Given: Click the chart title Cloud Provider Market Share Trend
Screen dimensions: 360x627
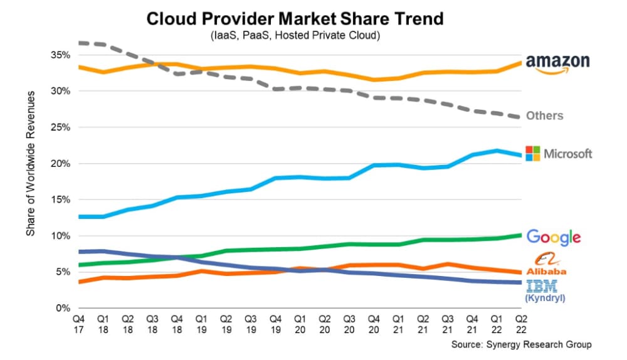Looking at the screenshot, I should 295,18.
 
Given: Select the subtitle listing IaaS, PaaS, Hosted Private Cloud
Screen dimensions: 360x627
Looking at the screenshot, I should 295,36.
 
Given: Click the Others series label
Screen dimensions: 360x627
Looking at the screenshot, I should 544,115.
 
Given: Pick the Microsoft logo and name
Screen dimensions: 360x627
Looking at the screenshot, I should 558,154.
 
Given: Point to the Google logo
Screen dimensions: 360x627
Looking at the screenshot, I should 553,237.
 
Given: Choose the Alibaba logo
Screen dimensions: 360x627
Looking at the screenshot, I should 545,264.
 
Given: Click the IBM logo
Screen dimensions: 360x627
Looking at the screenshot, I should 544,287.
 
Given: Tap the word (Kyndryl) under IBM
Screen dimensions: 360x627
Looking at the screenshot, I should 544,299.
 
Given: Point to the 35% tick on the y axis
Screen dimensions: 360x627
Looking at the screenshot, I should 61,55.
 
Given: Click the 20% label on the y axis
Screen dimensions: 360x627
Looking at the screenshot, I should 61,164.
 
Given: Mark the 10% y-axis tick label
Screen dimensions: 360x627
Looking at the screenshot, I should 61,236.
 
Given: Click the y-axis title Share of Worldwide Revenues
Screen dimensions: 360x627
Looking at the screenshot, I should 30,162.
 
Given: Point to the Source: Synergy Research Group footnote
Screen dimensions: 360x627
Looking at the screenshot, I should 521,345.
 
